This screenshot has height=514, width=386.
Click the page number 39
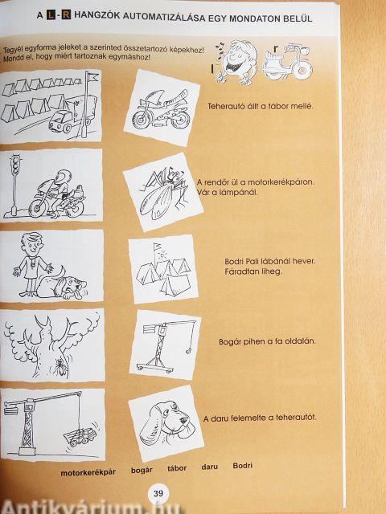158,493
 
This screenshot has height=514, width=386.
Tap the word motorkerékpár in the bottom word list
88,472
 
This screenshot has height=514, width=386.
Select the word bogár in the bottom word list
142,471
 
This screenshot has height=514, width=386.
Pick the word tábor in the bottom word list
177,468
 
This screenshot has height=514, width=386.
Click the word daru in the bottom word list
209,467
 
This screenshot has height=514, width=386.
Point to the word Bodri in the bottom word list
243,466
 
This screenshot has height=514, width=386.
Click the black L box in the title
51,14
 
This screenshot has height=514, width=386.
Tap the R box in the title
66,14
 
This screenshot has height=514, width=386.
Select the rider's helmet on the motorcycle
64,177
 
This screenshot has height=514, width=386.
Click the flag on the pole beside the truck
93,77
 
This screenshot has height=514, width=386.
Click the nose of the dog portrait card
184,420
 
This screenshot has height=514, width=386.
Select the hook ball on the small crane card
189,352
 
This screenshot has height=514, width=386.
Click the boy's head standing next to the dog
32,243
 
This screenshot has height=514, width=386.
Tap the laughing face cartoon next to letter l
237,62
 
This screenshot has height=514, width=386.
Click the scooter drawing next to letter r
288,62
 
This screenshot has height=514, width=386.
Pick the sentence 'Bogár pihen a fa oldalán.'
267,341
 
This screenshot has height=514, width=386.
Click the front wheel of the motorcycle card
142,119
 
